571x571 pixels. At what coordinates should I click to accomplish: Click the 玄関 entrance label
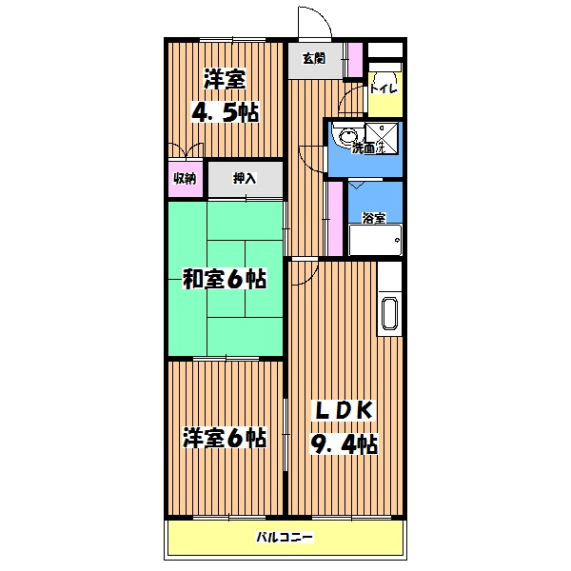[x=314, y=58]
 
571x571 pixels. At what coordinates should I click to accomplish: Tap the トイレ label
[x=384, y=89]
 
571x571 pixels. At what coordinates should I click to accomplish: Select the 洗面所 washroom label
[x=367, y=148]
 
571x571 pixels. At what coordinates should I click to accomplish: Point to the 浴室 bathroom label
[x=374, y=218]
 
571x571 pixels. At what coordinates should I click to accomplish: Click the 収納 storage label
[x=185, y=179]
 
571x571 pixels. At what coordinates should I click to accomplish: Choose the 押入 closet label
[x=245, y=179]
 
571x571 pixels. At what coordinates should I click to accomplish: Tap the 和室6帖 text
[x=225, y=279]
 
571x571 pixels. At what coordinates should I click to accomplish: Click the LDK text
[x=342, y=410]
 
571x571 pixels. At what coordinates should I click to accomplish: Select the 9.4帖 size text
[x=343, y=444]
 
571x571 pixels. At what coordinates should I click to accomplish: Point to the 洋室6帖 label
[x=225, y=438]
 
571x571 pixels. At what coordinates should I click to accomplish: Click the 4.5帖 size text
[x=226, y=112]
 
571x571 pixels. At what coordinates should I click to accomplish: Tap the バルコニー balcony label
[x=285, y=537]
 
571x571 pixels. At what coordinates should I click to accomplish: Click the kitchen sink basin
[x=389, y=314]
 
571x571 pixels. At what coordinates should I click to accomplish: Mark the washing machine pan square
[x=382, y=138]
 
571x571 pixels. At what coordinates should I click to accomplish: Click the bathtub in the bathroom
[x=375, y=240]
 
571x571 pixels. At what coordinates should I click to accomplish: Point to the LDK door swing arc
[x=308, y=276]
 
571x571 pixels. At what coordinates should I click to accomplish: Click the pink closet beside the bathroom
[x=335, y=219]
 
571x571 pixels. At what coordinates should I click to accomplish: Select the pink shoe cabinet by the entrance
[x=355, y=60]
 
